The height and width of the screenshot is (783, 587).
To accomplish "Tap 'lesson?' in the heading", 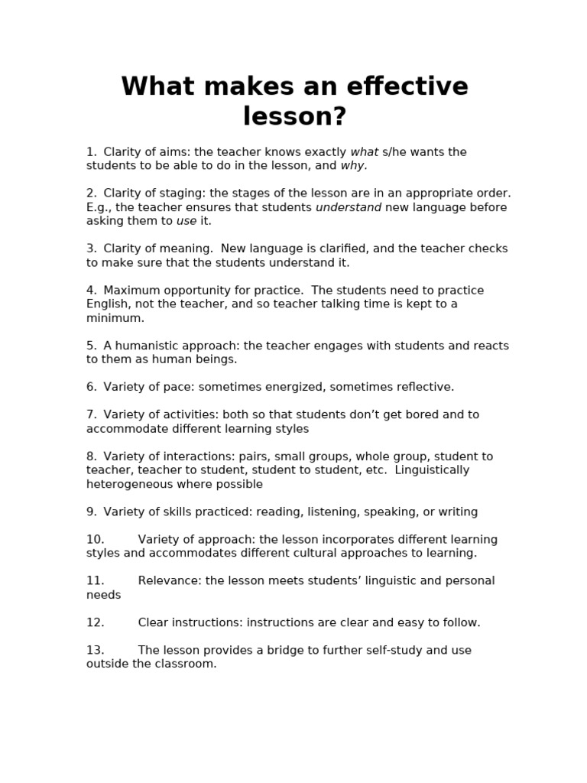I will (x=294, y=116).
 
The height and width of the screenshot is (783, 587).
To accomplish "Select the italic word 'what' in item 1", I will (x=365, y=152).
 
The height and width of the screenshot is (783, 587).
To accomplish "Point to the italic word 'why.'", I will (x=354, y=166).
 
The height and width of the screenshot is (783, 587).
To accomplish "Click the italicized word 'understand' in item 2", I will (x=349, y=207).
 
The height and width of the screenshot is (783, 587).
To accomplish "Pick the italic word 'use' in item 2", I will (x=186, y=221).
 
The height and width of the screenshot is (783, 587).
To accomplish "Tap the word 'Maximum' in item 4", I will (x=130, y=291).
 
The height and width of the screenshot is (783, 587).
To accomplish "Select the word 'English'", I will (x=108, y=304).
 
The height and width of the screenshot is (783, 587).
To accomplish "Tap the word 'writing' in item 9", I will (x=456, y=512).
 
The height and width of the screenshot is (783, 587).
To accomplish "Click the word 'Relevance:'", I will (x=170, y=581).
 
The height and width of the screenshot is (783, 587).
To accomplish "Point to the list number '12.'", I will (x=95, y=622).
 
